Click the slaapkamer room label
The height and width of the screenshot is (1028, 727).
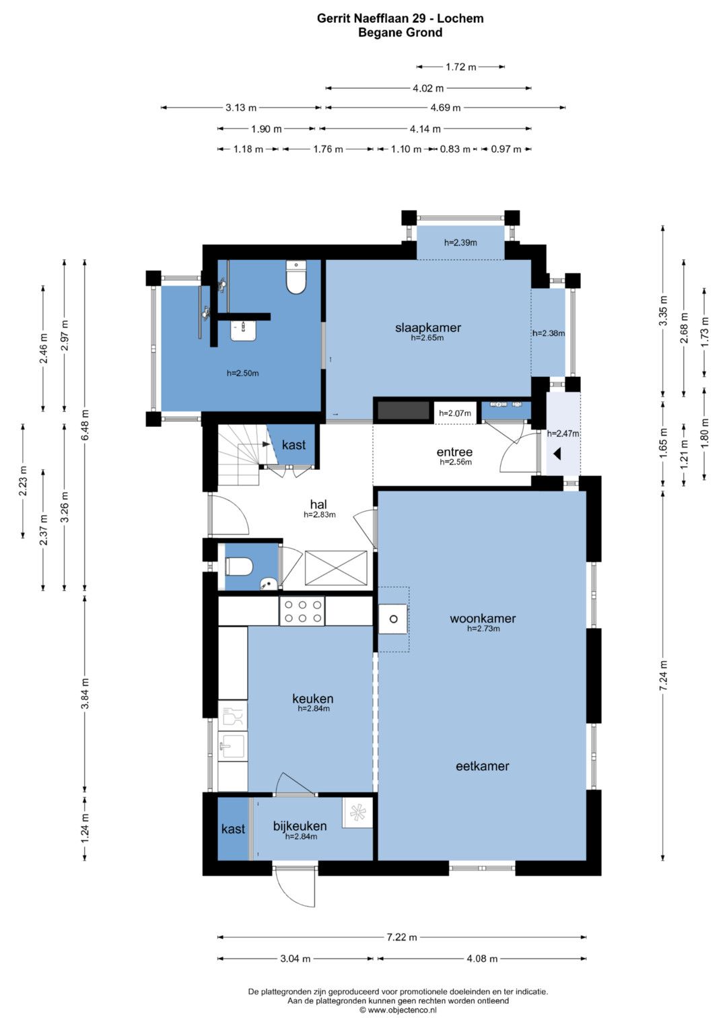pyautogui.click(x=427, y=328)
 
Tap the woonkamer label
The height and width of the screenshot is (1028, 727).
pyautogui.click(x=483, y=618)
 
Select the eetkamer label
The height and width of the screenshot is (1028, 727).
pyautogui.click(x=483, y=766)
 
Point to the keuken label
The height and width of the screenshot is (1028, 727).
pyautogui.click(x=312, y=699)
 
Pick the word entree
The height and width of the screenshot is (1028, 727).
pyautogui.click(x=454, y=452)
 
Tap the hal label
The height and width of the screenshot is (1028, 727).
pyautogui.click(x=318, y=505)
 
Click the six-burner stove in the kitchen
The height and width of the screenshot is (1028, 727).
pyautogui.click(x=302, y=611)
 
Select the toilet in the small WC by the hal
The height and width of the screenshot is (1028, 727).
pyautogui.click(x=239, y=566)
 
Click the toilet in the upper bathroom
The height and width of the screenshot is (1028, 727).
pyautogui.click(x=296, y=277)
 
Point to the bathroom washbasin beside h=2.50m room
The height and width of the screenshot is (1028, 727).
pyautogui.click(x=243, y=331)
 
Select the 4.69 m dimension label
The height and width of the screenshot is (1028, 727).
pyautogui.click(x=445, y=108)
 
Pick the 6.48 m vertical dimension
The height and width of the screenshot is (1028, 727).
pyautogui.click(x=84, y=425)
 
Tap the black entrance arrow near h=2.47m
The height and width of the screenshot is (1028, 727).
pyautogui.click(x=557, y=454)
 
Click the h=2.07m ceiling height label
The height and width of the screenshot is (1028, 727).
pyautogui.click(x=455, y=413)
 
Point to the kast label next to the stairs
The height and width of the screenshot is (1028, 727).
pyautogui.click(x=293, y=445)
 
